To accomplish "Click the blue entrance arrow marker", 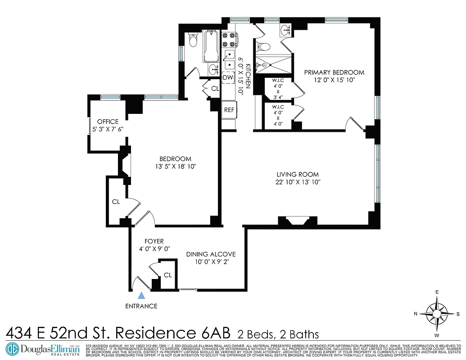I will [x=141, y=296].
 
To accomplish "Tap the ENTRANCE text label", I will [x=141, y=306].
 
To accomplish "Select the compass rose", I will [x=437, y=313].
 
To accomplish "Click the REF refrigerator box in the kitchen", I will [x=229, y=109].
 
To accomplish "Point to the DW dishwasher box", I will [x=229, y=78].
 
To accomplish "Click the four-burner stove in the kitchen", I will [x=229, y=40].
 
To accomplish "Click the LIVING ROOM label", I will [x=298, y=175].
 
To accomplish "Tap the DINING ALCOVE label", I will [x=211, y=254].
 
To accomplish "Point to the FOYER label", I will [x=154, y=241].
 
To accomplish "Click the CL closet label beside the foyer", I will [x=167, y=275].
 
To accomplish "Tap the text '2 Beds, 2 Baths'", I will [x=278, y=334].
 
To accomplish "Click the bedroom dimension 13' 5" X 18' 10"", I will [x=176, y=166].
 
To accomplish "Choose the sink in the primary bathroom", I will [x=285, y=31].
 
